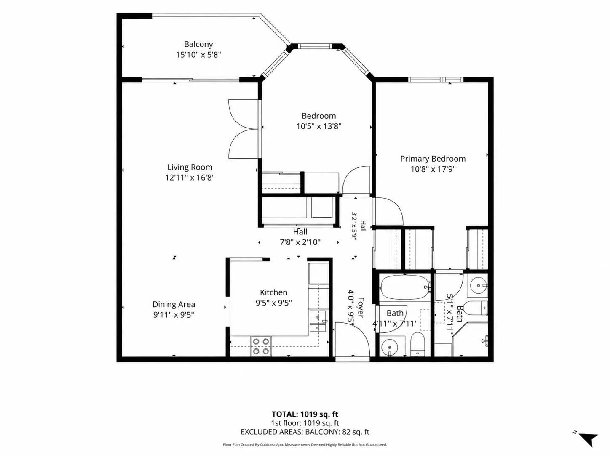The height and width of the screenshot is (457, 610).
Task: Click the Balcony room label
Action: coord(198,44)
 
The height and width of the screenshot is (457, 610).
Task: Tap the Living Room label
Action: coord(190,167)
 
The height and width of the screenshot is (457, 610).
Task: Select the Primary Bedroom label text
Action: coord(433,159)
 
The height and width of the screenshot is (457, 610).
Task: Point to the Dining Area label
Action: coord(174,304)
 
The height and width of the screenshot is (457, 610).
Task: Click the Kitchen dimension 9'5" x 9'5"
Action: coord(273,303)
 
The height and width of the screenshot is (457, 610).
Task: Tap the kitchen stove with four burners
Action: coord(261,346)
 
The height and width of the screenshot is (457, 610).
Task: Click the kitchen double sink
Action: coord(318,321)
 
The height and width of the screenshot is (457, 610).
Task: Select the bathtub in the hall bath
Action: coord(404,287)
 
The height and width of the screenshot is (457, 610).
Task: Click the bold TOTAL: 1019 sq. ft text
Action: coord(305,414)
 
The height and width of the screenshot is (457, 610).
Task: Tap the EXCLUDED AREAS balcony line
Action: coord(305,432)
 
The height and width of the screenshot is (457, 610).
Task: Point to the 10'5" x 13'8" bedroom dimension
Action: coord(319,126)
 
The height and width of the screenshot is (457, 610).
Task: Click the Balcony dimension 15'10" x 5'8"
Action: coord(198,55)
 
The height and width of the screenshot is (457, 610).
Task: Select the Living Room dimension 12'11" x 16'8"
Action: coord(190,177)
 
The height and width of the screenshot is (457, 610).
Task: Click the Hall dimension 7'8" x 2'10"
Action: coord(300,242)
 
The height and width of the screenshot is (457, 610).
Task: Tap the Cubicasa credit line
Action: coord(305,444)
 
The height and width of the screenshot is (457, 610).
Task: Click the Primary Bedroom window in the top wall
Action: coord(436,80)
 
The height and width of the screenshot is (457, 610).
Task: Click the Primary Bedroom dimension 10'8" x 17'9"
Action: coord(433,169)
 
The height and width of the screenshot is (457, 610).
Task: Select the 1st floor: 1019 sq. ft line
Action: coord(305,423)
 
